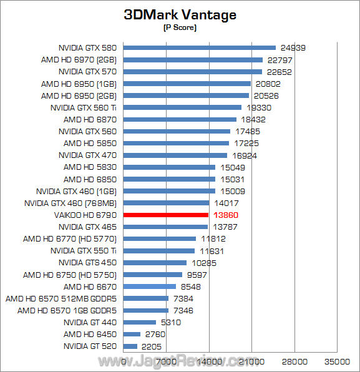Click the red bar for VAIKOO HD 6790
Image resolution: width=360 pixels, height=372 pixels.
(166, 215)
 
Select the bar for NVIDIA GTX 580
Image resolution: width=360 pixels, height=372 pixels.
(200, 47)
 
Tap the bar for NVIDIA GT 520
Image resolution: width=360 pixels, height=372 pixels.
(130, 346)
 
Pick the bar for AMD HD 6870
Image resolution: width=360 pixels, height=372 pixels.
(180, 119)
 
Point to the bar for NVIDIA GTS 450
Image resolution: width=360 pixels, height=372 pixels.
(155, 263)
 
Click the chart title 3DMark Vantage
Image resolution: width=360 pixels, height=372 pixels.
(180, 14)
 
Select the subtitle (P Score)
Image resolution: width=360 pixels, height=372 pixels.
(180, 27)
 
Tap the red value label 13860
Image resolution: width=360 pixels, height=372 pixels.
(226, 215)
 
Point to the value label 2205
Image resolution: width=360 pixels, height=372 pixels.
(152, 346)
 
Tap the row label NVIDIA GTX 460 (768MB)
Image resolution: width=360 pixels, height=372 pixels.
(71, 203)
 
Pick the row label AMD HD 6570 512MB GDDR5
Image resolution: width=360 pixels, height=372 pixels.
(62, 298)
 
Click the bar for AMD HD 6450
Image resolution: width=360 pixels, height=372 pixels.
(132, 334)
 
